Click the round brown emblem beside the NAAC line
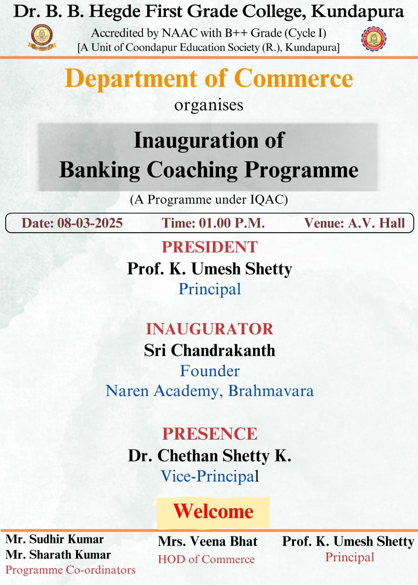point(42,37)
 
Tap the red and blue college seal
point(374,39)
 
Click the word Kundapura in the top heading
point(357,12)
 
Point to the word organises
point(209,106)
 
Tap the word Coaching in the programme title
point(192,170)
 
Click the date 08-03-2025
point(90,223)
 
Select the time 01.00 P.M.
point(232,223)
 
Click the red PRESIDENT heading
point(210,247)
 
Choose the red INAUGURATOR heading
point(210,329)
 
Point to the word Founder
point(210,371)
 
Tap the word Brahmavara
point(271,391)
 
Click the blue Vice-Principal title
point(210,476)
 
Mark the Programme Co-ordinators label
point(71,570)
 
